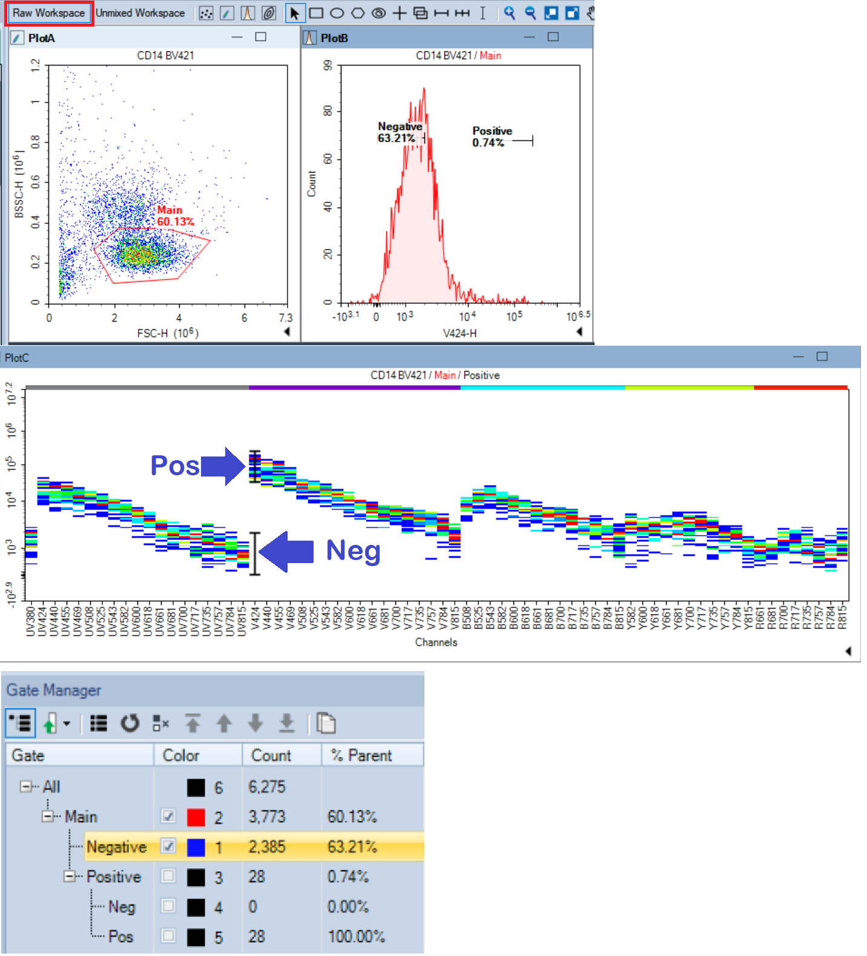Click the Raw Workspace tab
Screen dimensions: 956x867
coord(49,13)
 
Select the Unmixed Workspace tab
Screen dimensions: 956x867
coord(140,13)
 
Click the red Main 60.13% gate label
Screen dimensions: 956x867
coord(175,216)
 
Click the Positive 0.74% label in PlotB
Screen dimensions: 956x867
coord(492,137)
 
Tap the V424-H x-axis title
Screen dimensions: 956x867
coord(460,333)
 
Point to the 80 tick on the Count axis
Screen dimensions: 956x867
coord(328,111)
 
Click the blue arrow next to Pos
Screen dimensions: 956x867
coord(223,466)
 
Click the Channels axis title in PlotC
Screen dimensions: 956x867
coord(436,642)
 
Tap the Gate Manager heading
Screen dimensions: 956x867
coord(54,690)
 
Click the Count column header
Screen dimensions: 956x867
coord(271,756)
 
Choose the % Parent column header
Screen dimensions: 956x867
coord(361,756)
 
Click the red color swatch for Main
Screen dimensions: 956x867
coord(196,817)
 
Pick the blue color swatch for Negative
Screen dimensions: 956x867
coord(196,847)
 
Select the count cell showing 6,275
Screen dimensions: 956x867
coord(267,787)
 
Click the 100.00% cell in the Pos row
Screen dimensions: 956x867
coord(356,937)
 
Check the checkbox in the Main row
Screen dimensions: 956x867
coord(168,816)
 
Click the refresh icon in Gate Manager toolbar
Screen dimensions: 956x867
coord(130,724)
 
